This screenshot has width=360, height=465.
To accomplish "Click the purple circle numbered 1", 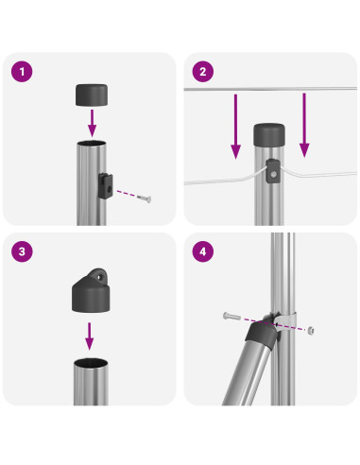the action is coord(22,72).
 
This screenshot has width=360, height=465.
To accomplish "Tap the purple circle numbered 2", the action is coord(203,72).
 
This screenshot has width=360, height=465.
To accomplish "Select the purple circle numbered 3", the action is coord(22,251).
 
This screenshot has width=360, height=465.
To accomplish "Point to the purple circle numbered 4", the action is coord(203,251).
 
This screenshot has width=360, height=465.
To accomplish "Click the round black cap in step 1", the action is coord(92,95).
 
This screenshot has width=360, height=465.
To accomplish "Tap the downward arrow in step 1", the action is coord(92,123).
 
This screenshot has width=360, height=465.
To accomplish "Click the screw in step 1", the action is coord(145,198).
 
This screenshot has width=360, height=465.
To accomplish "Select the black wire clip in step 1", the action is coord(106,186).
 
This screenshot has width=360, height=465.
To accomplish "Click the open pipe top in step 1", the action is coord(92,144).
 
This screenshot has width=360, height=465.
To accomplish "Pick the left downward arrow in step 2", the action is coord(235,127).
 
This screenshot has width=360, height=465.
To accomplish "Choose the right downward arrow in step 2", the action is coord(304,125).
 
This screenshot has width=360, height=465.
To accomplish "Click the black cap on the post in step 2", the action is coord(269,134).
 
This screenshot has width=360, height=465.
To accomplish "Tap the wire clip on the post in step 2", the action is coord(273,171).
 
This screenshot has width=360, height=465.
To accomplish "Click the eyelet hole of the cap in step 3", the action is coord(100,277).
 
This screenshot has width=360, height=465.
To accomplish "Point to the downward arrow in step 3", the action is coord(90,336).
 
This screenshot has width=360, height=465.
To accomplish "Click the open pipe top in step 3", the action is coord(91,363).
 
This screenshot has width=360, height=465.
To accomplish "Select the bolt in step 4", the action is coord(231,316).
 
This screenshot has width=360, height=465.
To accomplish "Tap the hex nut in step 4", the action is coord(311,330).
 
